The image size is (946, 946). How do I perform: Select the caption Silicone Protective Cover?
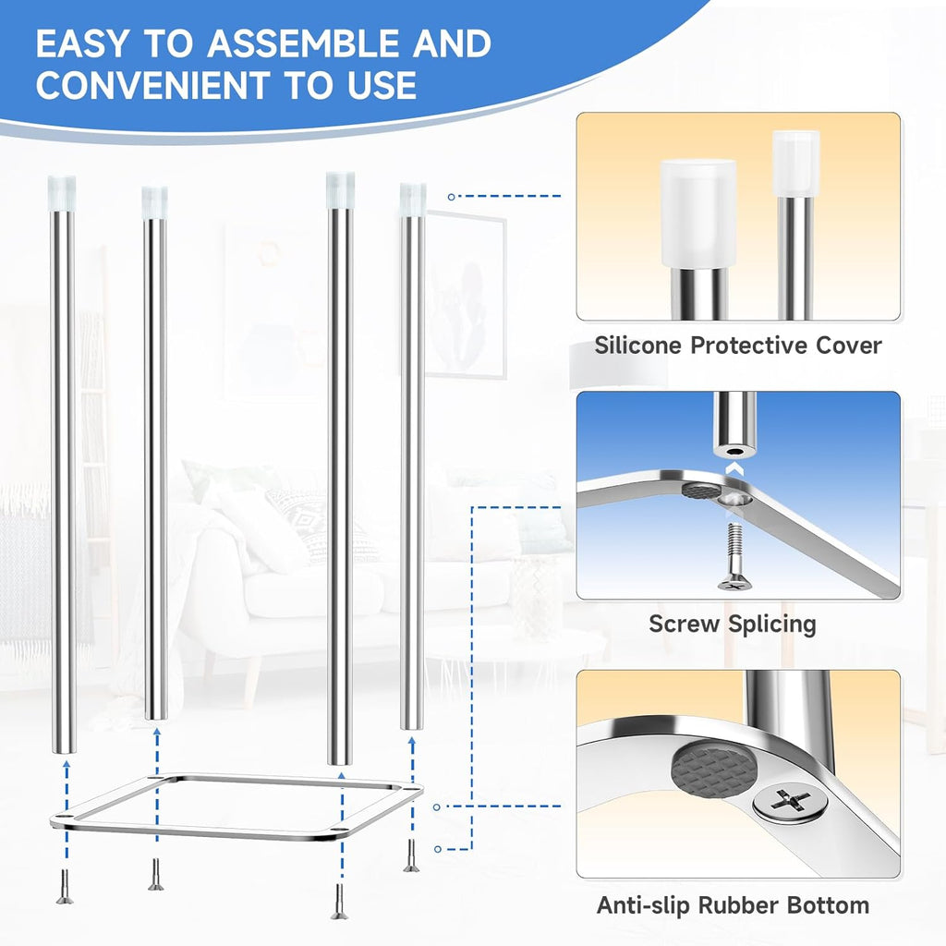coord(737,346)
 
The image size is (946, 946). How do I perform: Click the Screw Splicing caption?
coord(732,624)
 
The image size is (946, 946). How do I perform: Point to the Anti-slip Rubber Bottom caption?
coord(732,905)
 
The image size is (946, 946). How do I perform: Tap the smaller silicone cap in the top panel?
coord(795,163)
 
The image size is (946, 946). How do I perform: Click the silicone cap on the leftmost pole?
coord(62,190)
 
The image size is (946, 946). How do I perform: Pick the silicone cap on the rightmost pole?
coord(413,198)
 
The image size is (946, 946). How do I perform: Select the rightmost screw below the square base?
coord(410,856)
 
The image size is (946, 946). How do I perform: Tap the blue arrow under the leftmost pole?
coord(64,785)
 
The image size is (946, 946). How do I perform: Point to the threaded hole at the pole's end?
coord(734,453)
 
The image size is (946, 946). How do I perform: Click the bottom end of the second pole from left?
coord(156,714)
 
